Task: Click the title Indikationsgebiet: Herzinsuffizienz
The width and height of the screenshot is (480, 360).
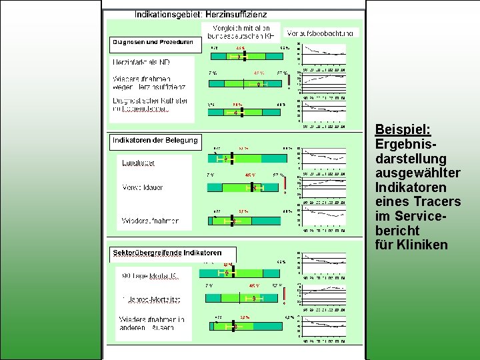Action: pyautogui.click(x=201, y=13)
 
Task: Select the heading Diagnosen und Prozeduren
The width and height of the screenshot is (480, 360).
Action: pyautogui.click(x=153, y=42)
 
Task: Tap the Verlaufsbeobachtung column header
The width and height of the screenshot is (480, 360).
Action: pyautogui.click(x=322, y=33)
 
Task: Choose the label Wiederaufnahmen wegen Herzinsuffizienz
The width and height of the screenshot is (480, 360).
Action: pyautogui.click(x=149, y=82)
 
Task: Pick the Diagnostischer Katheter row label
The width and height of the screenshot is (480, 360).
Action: pyautogui.click(x=150, y=104)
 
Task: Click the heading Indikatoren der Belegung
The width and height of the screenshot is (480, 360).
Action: pyautogui.click(x=155, y=140)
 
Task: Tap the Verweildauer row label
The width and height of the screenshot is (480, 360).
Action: pyautogui.click(x=142, y=187)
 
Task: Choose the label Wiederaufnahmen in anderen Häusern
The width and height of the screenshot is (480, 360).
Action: pyautogui.click(x=152, y=323)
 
